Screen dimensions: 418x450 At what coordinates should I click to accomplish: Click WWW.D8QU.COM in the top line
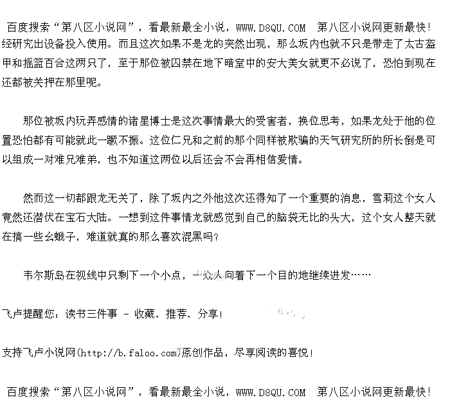point(271,28)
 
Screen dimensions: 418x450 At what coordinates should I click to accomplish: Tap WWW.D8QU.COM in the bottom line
point(271,392)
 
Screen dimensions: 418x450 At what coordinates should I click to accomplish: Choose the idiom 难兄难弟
point(103,158)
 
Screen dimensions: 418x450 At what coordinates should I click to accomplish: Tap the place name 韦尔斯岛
point(44,275)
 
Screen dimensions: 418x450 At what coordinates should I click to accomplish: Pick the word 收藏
point(143,314)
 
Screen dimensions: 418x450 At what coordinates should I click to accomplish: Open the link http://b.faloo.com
point(129,353)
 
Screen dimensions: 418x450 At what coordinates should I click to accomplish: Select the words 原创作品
point(204,353)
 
